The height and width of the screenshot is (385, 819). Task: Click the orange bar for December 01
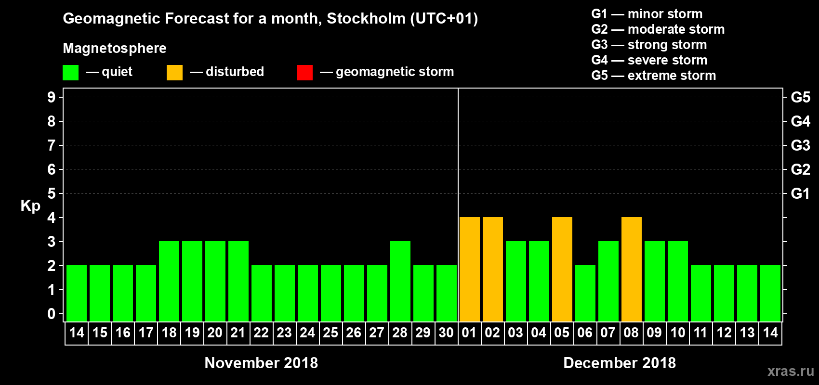click(470, 269)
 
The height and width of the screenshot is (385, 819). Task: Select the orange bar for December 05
click(562, 269)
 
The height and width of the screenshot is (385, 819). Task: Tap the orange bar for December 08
click(632, 269)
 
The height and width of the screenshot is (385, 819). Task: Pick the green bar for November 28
click(400, 282)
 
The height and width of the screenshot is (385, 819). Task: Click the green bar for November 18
click(169, 282)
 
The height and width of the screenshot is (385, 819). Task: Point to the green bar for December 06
click(585, 294)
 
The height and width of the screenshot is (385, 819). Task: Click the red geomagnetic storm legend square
click(304, 73)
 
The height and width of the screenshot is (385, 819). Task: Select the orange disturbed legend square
click(174, 73)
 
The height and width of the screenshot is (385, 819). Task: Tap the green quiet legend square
click(70, 73)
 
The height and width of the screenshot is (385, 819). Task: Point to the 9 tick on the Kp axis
click(52, 97)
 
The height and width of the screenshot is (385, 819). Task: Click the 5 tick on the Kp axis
click(52, 193)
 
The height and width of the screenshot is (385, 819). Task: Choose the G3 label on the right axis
click(800, 145)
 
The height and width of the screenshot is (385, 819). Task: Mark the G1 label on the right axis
click(800, 193)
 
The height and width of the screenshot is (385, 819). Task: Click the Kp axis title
click(30, 206)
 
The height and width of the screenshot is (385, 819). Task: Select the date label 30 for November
click(446, 333)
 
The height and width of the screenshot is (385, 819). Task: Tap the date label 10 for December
click(678, 333)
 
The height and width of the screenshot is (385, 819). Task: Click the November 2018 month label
click(261, 363)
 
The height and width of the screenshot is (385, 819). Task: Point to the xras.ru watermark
click(791, 371)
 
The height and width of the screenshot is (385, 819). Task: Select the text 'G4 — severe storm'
click(649, 60)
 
